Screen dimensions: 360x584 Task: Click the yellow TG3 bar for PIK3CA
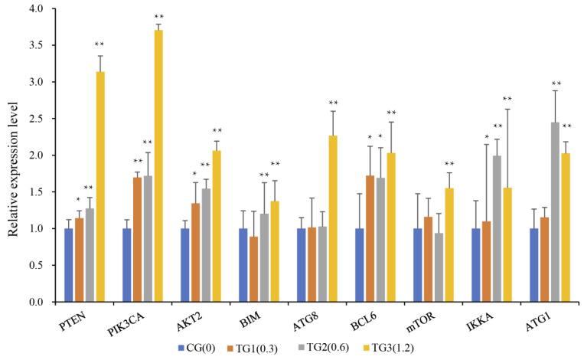pyautogui.click(x=158, y=165)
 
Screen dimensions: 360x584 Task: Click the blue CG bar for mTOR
pyautogui.click(x=418, y=265)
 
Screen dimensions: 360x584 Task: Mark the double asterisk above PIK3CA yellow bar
pyautogui.click(x=158, y=17)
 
